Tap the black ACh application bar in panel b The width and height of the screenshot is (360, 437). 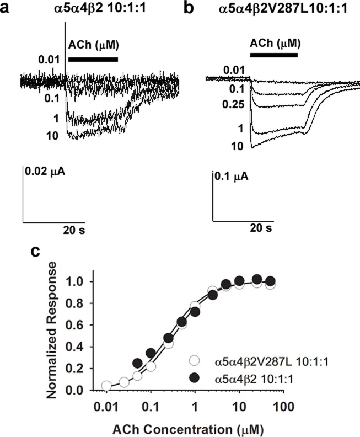click(x=273, y=55)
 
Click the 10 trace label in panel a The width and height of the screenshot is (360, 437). click(x=53, y=135)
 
